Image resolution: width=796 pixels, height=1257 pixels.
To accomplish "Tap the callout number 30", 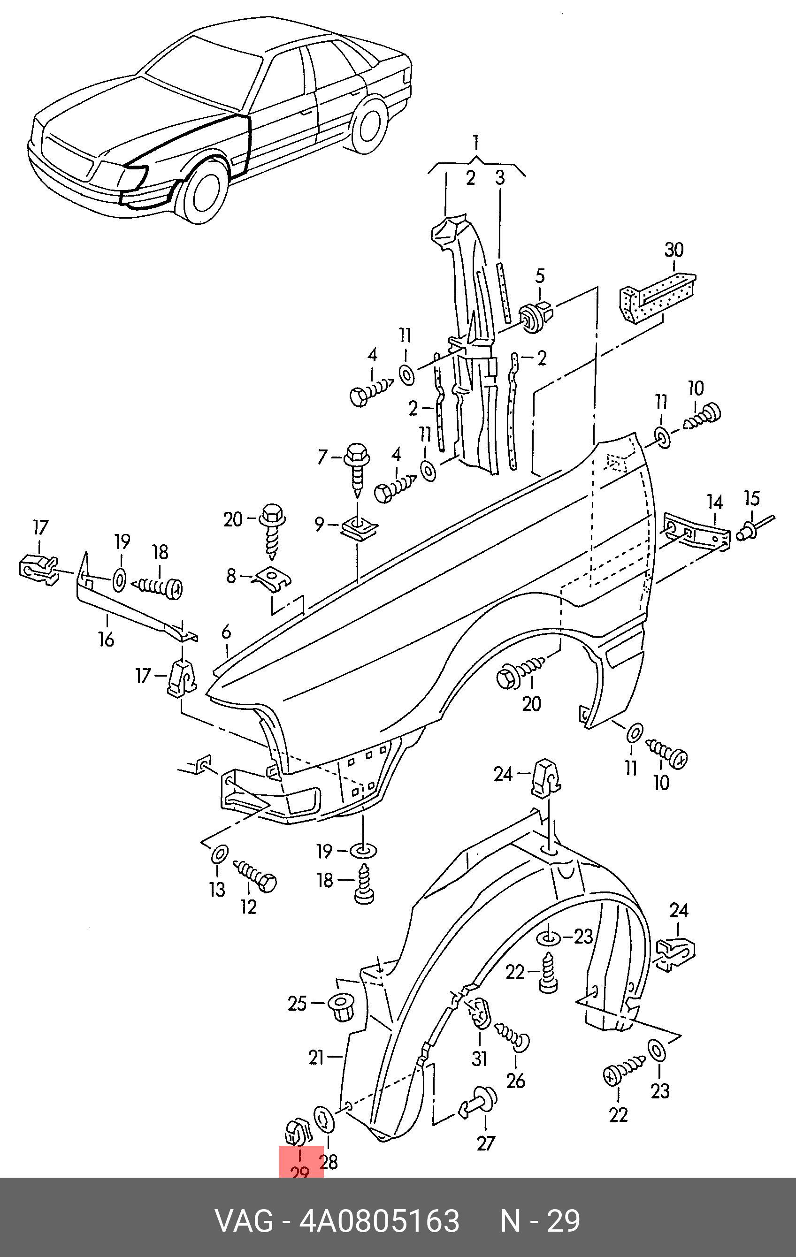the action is tap(674, 250).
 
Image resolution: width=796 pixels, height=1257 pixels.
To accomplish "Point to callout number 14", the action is tap(714, 502).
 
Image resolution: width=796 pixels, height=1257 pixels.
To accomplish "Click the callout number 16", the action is tap(106, 639).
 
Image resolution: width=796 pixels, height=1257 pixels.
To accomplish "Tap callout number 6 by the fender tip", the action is tap(226, 632).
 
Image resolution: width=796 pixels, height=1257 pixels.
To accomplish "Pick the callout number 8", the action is tap(231, 576).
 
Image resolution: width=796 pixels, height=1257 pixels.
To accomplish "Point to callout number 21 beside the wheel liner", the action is tap(316, 1058).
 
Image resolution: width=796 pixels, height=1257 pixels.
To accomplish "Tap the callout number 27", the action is tap(485, 1144).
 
